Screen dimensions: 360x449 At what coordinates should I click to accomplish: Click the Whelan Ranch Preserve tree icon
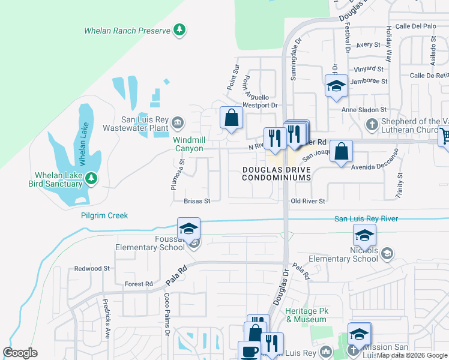pyautogui.click(x=179, y=29)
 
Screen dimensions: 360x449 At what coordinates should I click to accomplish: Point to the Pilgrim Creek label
pyautogui.click(x=104, y=215)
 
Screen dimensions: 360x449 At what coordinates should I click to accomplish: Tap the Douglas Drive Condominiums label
pyautogui.click(x=276, y=173)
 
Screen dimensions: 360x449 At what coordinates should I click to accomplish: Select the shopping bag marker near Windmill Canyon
pyautogui.click(x=231, y=118)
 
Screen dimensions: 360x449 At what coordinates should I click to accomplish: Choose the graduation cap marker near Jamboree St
pyautogui.click(x=336, y=86)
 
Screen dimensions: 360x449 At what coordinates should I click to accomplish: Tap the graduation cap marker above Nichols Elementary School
pyautogui.click(x=364, y=235)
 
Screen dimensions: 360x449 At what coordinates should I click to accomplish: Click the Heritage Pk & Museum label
pyautogui.click(x=306, y=315)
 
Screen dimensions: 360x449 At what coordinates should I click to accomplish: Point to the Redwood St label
pyautogui.click(x=92, y=268)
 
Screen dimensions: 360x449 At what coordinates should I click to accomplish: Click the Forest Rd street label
pyautogui.click(x=139, y=284)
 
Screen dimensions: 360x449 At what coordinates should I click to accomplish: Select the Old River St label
pyautogui.click(x=307, y=201)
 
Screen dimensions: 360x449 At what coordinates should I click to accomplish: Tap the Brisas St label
pyautogui.click(x=197, y=202)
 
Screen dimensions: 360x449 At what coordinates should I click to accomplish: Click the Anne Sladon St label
pyautogui.click(x=364, y=110)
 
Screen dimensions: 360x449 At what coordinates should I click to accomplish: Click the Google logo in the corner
pyautogui.click(x=20, y=352)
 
